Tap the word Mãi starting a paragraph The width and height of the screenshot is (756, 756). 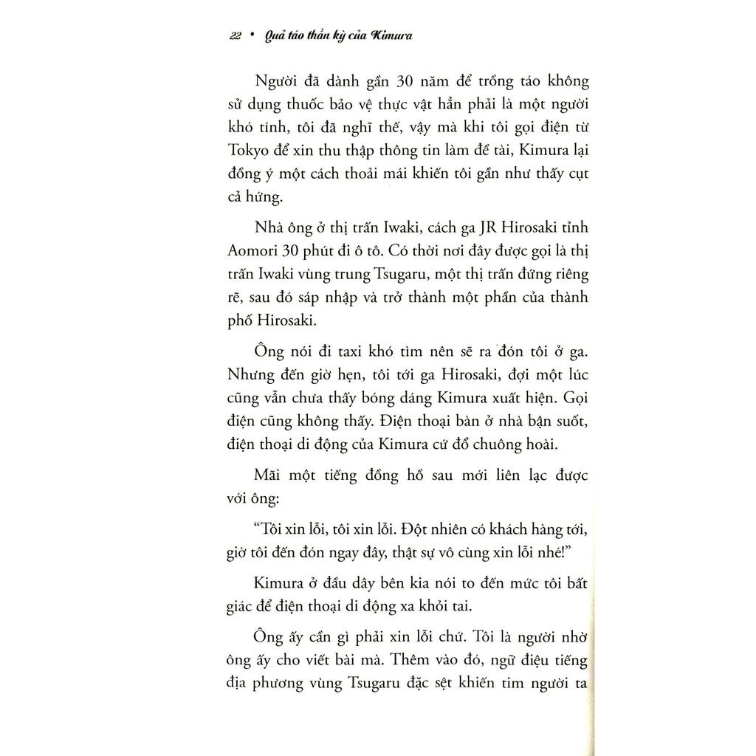(x=268, y=475)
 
